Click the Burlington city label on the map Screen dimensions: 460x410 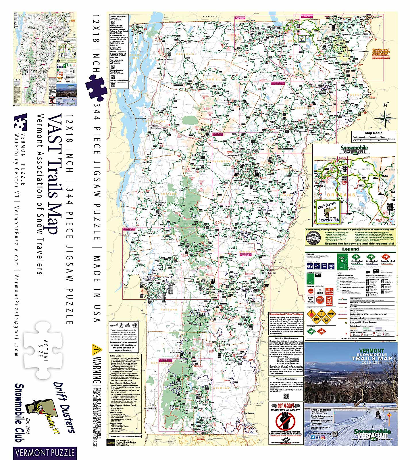click(141, 118)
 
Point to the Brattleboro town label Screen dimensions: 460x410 click(249, 413)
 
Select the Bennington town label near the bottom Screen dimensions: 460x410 click(150, 408)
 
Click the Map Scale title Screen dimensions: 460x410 click(374, 133)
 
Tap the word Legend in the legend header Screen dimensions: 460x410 click(350, 249)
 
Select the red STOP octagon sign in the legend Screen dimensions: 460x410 click(320, 300)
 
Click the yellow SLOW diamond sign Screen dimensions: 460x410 click(316, 319)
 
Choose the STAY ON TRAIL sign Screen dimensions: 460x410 click(311, 300)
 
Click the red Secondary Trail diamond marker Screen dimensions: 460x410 click(386, 257)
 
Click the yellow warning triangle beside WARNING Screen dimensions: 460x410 click(97, 350)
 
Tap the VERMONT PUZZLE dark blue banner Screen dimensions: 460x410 click(45, 453)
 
